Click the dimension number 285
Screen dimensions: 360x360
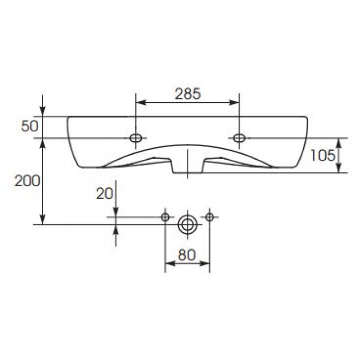pos(188,94)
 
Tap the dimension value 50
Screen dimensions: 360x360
pos(30,126)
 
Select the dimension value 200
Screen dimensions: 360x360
pos(27,181)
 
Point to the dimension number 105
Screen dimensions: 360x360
pos(323,155)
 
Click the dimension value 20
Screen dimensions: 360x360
pos(104,193)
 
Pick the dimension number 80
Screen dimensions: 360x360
pos(187,255)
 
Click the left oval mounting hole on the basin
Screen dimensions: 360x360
pos(135,138)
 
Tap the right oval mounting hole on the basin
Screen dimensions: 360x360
pos(239,138)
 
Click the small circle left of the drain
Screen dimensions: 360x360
pos(165,217)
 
